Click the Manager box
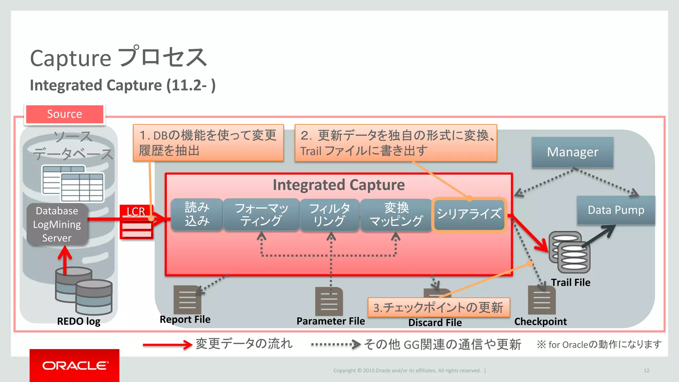pos(573,152)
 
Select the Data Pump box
pos(616,210)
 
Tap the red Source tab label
pos(65,114)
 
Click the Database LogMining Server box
pos(57,224)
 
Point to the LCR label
pos(136,211)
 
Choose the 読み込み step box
pos(197,214)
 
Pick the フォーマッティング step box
pos(261,214)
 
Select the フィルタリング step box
pos(330,215)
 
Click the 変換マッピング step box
pos(396,215)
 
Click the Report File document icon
pos(187,300)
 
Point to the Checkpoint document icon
pos(542,300)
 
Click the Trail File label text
pos(571,283)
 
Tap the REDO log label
pos(79,321)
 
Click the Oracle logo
pos(75,365)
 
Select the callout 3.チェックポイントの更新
pos(438,307)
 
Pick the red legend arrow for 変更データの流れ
pos(167,345)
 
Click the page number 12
pos(646,370)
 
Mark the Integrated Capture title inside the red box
pos(339,185)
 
